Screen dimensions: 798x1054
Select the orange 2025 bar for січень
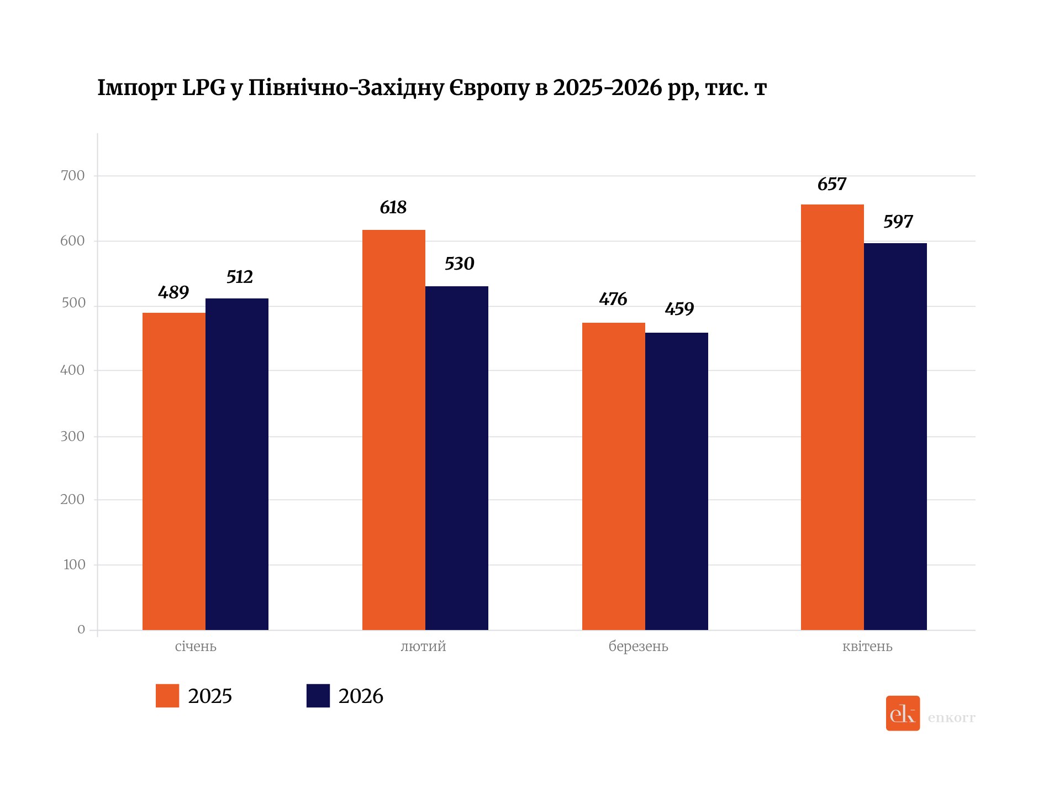pos(173,471)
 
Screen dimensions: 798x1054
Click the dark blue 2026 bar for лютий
pos(456,458)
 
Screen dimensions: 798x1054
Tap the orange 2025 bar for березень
pos(613,476)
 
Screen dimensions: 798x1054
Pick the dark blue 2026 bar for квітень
pos(895,436)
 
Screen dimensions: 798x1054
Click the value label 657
pos(831,184)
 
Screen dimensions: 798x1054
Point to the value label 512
pos(239,277)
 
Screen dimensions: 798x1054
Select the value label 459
pos(679,309)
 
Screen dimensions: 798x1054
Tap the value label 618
pos(393,208)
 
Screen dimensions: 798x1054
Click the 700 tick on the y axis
pos(73,176)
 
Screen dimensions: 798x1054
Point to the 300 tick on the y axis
pos(72,437)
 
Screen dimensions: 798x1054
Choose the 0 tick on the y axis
pos(81,629)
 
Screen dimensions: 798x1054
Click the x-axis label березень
pos(638,647)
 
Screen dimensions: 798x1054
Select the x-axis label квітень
pos(867,647)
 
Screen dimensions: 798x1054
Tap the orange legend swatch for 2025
pos(167,696)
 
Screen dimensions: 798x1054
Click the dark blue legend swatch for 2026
pos(318,696)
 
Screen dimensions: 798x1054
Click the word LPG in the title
pos(204,88)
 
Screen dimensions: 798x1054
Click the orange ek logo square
pos(903,713)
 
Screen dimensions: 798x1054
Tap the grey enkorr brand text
pos(951,718)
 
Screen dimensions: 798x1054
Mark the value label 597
pos(898,222)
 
